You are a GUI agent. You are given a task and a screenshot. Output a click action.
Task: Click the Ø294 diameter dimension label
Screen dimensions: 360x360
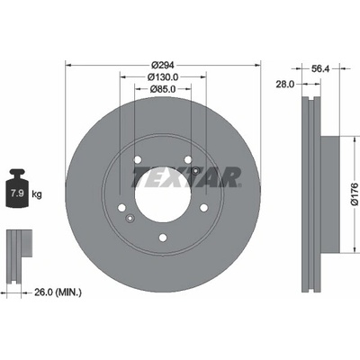[x=163, y=65]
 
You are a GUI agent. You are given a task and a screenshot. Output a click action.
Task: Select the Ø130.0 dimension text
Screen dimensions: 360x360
[x=163, y=77]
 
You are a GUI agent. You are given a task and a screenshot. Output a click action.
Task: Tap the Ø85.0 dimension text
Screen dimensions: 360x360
[x=163, y=89]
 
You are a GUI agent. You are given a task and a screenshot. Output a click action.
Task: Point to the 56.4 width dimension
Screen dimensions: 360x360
[x=320, y=68]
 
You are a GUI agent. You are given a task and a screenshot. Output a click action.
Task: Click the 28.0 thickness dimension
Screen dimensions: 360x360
[x=285, y=85]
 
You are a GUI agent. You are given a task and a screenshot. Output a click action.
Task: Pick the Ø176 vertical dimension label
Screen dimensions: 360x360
[x=355, y=194]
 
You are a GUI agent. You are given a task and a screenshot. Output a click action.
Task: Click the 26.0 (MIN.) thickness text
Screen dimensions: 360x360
[x=58, y=292]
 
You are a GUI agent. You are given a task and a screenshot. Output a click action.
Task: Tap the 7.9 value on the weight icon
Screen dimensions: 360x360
[x=17, y=193]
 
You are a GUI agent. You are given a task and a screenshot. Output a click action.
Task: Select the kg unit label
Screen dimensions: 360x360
[x=37, y=194]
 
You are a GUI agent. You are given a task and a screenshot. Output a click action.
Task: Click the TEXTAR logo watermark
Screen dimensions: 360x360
[x=186, y=176]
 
